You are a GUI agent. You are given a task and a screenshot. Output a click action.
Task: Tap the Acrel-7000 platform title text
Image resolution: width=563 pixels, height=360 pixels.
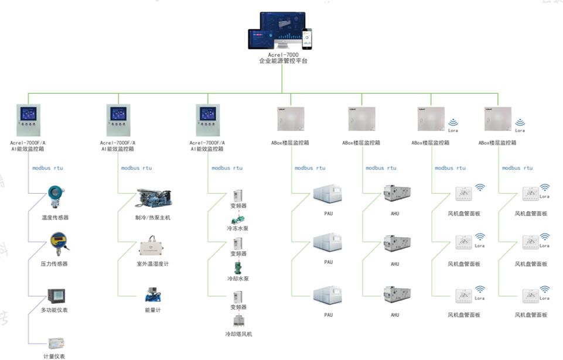(284, 54)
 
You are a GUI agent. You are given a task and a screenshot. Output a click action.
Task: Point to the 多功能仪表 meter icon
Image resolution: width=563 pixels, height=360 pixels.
(56, 296)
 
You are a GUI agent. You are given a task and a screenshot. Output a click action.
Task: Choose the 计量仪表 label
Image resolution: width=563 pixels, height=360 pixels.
(54, 355)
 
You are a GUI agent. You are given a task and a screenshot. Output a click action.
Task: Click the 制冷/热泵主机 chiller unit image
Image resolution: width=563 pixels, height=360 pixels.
(152, 198)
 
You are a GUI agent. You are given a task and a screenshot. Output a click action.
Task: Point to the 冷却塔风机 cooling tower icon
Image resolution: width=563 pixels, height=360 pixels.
(238, 321)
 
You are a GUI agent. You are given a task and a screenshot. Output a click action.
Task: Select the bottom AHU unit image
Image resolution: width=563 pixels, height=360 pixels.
(396, 295)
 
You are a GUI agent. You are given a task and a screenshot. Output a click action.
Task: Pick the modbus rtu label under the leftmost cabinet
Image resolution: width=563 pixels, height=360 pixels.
(47, 168)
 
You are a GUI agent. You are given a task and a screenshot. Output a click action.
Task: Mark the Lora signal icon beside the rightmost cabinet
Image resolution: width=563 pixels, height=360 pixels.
(520, 124)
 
